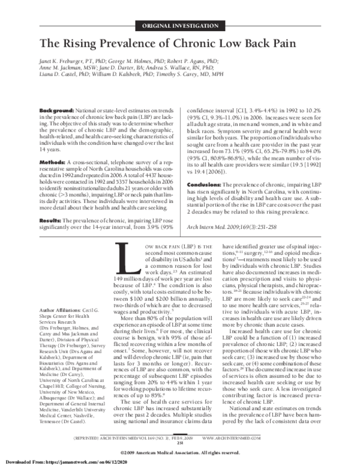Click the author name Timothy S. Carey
(185, 76)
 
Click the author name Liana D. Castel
(59, 76)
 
